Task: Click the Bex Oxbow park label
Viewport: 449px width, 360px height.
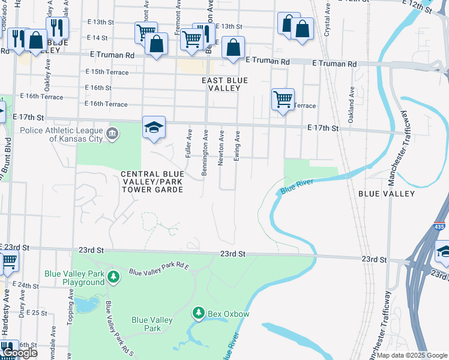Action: pyautogui.click(x=228, y=313)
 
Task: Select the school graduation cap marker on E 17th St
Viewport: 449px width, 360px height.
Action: pyautogui.click(x=154, y=127)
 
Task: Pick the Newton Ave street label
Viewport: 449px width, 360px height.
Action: pyautogui.click(x=221, y=149)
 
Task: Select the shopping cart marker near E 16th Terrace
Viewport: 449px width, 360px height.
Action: pyautogui.click(x=282, y=99)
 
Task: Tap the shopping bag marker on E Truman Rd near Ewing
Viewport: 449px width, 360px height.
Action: pyautogui.click(x=233, y=48)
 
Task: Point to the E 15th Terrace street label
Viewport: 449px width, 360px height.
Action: pyautogui.click(x=107, y=72)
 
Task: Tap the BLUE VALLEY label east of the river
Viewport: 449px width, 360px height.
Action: pyautogui.click(x=386, y=194)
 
